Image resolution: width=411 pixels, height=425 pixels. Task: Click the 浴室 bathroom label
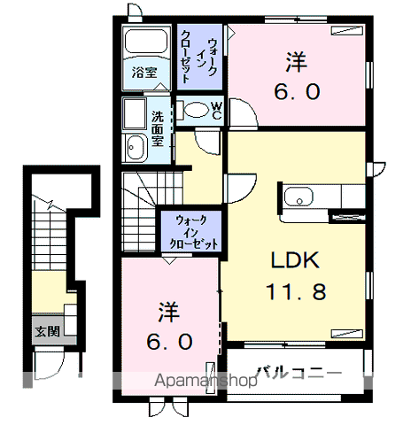tap(144, 73)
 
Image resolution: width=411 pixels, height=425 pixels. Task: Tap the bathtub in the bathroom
tap(146, 42)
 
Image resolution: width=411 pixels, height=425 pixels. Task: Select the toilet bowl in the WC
tap(194, 110)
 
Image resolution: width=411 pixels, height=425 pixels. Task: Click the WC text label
tap(217, 111)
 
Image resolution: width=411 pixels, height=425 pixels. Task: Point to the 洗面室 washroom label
tap(158, 128)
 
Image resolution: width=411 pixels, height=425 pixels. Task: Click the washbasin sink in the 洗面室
tap(135, 147)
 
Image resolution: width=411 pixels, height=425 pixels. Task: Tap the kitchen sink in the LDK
tap(299, 197)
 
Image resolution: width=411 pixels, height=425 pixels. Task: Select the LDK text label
tap(295, 260)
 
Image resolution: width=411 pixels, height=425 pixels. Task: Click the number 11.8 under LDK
tap(296, 291)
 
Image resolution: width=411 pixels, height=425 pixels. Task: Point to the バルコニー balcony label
tap(299, 374)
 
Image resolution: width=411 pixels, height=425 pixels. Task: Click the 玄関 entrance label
tap(47, 332)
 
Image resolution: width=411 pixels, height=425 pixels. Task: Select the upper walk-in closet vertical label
tap(199, 56)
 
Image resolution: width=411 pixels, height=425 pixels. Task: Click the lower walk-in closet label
tap(194, 232)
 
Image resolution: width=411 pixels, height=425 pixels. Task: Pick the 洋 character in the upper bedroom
tap(296, 62)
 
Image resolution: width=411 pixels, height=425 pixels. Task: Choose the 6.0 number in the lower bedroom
tap(169, 341)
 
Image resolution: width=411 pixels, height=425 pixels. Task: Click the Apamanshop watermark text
tap(205, 381)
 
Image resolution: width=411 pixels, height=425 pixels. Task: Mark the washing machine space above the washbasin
tap(135, 114)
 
